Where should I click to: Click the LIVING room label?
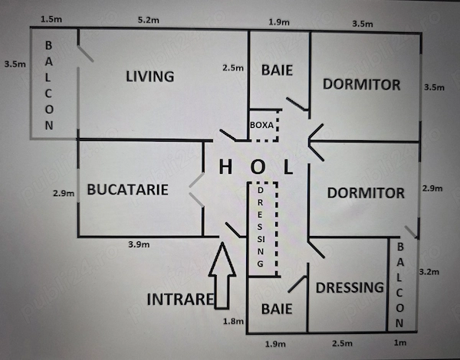tap(150, 77)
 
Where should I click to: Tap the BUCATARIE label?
tap(127, 189)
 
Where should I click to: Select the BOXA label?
tap(261, 125)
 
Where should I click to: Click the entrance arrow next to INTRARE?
tap(222, 276)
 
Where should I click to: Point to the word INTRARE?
tap(180, 299)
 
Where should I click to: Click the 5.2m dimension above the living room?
tap(149, 20)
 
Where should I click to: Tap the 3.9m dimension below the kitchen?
tap(139, 244)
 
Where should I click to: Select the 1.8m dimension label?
tap(233, 321)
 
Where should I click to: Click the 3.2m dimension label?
tap(429, 272)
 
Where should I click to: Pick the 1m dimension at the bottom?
tap(400, 342)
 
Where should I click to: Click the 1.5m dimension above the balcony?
tap(51, 19)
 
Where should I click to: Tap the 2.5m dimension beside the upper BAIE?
tap(233, 68)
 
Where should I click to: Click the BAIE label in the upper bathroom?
tap(277, 70)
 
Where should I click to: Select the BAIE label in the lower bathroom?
tap(277, 309)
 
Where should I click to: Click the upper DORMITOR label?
tap(361, 84)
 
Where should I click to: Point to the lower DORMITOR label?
tap(366, 193)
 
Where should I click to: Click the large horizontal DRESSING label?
tap(350, 287)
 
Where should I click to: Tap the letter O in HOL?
tap(258, 167)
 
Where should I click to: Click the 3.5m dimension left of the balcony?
tap(15, 64)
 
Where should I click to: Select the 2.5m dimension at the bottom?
tap(343, 343)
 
